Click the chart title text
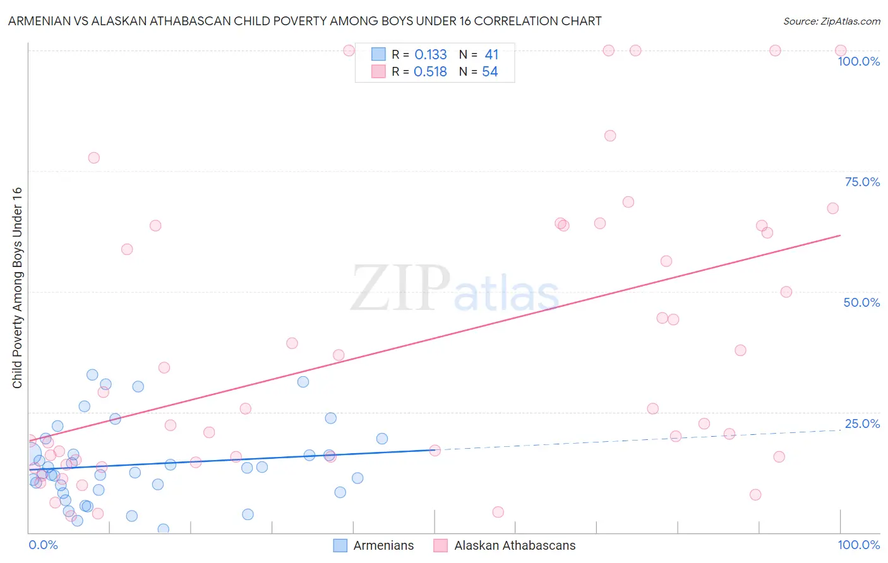tap(304, 21)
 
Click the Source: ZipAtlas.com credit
tap(831, 21)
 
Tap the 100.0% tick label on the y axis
tap(858, 61)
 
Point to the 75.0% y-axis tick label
tap(861, 182)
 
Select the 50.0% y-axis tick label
tap(861, 302)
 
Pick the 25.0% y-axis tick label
tap(861, 424)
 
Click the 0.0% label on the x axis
tap(43, 545)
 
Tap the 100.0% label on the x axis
tap(858, 545)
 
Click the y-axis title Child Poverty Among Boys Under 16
tap(17, 288)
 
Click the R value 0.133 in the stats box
tap(430, 55)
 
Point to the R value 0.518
tap(430, 72)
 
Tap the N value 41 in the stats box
tap(491, 55)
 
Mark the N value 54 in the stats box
tap(489, 72)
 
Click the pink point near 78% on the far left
tap(93, 158)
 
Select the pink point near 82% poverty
tap(609, 136)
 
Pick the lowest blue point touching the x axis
tap(163, 529)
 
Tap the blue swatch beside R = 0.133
tap(378, 54)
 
